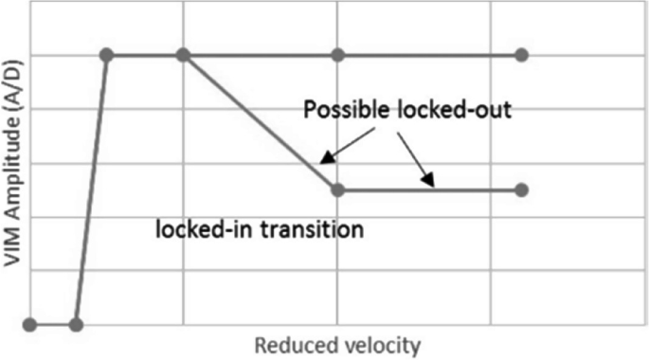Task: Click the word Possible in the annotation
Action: point(341,110)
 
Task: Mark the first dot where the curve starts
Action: point(29,325)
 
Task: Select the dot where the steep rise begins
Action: point(77,325)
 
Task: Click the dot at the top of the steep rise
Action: point(107,55)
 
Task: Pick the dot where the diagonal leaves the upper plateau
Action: point(184,55)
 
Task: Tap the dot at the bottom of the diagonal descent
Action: point(337,189)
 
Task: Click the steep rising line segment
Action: point(92,189)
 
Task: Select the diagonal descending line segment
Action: point(261,122)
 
